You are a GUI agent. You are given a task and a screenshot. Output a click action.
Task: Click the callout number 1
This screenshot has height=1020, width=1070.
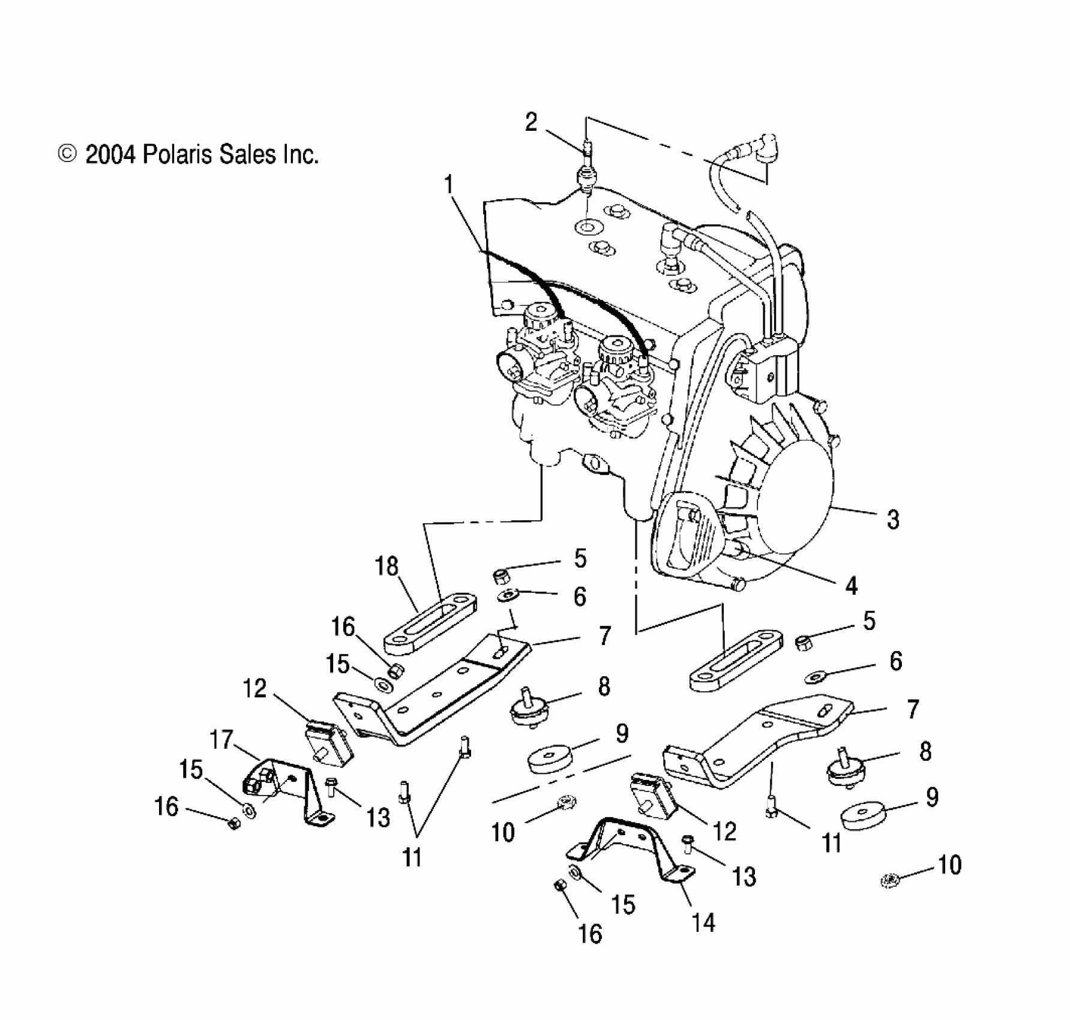(448, 185)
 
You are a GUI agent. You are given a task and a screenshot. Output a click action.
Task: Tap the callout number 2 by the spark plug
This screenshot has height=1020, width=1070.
(531, 122)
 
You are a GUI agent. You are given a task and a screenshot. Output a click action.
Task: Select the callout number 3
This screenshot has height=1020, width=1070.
(893, 518)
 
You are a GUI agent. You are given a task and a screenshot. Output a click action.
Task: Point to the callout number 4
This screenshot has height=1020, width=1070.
(851, 585)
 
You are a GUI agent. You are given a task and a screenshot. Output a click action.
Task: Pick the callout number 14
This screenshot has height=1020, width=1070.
(703, 923)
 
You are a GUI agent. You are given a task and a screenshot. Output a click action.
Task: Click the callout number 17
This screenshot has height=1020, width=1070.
(221, 739)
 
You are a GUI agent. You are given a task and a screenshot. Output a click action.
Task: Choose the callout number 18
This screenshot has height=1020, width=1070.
(387, 566)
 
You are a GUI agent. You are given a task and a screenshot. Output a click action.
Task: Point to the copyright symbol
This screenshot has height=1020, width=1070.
(67, 155)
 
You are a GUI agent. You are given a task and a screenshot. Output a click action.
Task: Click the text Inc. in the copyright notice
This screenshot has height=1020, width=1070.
(299, 155)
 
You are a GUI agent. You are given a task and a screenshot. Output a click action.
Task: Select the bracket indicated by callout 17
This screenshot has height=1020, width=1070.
(288, 786)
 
